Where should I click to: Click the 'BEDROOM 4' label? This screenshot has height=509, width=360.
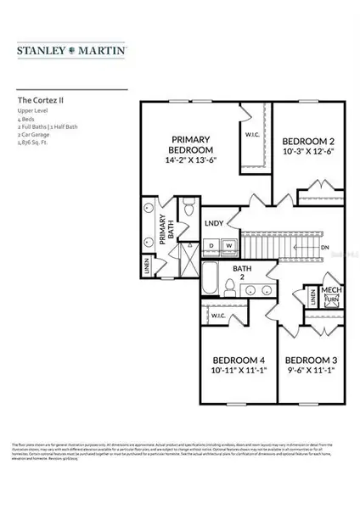(x=233, y=360)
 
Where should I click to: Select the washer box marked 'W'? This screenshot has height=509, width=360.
(x=228, y=246)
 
